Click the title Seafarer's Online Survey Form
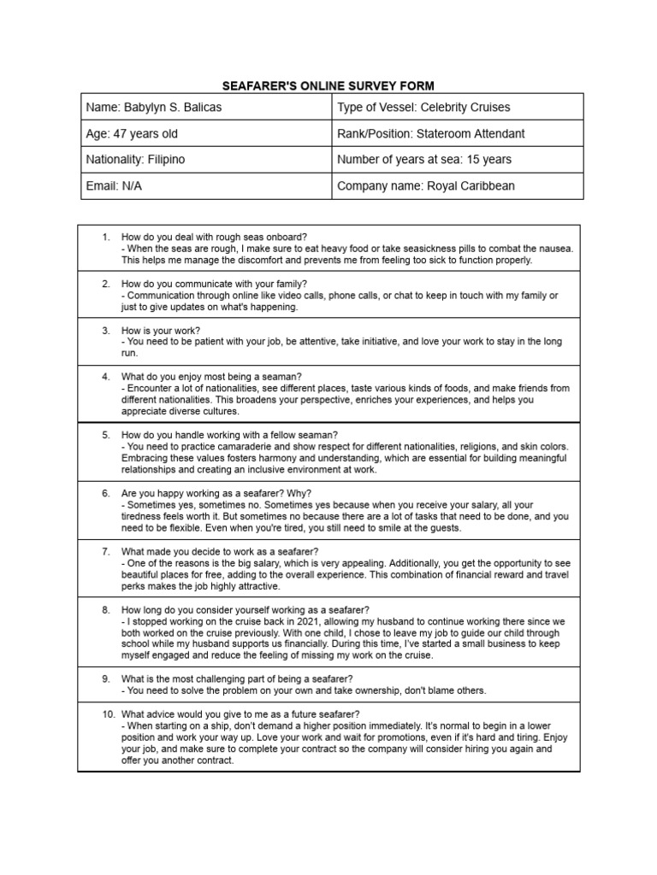(x=328, y=85)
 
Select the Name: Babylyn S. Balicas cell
(x=205, y=108)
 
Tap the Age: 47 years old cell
(x=205, y=134)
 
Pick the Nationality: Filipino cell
(x=205, y=160)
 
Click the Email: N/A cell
(x=205, y=185)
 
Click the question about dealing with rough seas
(x=214, y=237)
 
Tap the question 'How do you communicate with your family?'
(x=214, y=284)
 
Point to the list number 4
(x=105, y=377)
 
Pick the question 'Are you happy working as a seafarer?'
(x=216, y=494)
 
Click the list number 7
(x=105, y=552)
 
